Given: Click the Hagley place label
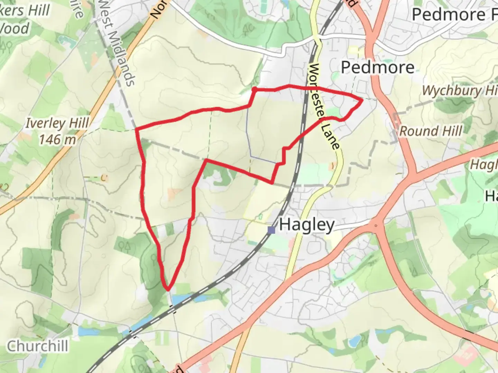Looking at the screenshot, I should coord(307,225).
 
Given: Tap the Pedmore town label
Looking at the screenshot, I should coord(378,67).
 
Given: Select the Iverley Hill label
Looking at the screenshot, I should coord(57,123).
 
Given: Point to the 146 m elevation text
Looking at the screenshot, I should coord(57,140).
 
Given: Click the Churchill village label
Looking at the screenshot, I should coord(38,346).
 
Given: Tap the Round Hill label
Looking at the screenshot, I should coord(431,131).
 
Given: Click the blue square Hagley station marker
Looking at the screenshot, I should coord(272,230).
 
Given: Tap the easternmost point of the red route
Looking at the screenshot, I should coord(362,100).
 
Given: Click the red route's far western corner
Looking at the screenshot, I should coord(136,130).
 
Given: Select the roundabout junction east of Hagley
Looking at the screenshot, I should coord(376,226).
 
